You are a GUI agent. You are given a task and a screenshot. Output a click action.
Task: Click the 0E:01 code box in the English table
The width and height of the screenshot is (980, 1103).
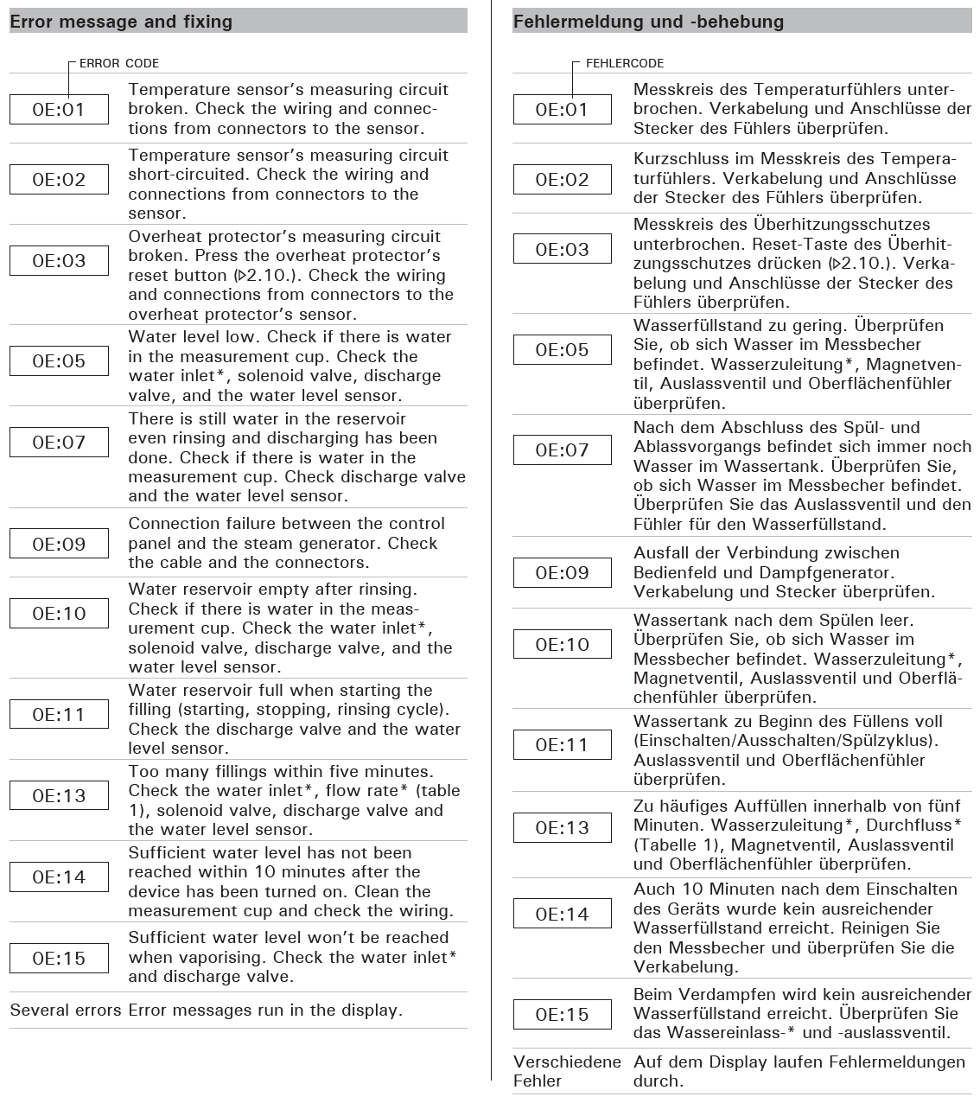(x=59, y=110)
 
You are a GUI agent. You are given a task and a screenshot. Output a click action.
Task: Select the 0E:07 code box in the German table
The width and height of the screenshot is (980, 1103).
(x=563, y=450)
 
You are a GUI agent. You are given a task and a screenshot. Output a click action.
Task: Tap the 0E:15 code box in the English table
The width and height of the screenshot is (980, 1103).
(x=59, y=958)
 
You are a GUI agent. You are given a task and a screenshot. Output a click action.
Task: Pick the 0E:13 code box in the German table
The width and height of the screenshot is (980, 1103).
(x=563, y=828)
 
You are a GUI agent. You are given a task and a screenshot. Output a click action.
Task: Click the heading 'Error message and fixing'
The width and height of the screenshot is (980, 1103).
(x=121, y=22)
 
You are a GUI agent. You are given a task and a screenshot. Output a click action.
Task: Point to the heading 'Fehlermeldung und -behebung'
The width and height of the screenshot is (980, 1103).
(x=648, y=22)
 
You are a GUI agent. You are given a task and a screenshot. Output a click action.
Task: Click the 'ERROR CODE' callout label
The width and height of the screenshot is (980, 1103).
(x=119, y=63)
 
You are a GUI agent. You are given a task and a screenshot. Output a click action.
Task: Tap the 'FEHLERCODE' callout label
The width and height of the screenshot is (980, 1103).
(x=625, y=63)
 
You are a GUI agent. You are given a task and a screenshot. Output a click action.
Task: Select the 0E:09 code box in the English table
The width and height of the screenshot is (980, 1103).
(x=59, y=544)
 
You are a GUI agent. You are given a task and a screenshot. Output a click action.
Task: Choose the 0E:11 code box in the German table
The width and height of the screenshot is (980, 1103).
(x=563, y=745)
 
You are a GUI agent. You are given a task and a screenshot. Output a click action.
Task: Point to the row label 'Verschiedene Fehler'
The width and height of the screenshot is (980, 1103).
(x=566, y=1071)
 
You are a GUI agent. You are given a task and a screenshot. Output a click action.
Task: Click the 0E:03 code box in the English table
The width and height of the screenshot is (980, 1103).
(x=59, y=261)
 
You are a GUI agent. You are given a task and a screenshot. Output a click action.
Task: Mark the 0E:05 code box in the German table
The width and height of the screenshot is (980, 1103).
(x=563, y=350)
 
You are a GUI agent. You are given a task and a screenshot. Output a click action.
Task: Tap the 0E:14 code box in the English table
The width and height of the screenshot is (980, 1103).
(x=59, y=877)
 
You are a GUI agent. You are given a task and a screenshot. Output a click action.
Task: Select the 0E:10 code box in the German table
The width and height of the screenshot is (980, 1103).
(x=563, y=645)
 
